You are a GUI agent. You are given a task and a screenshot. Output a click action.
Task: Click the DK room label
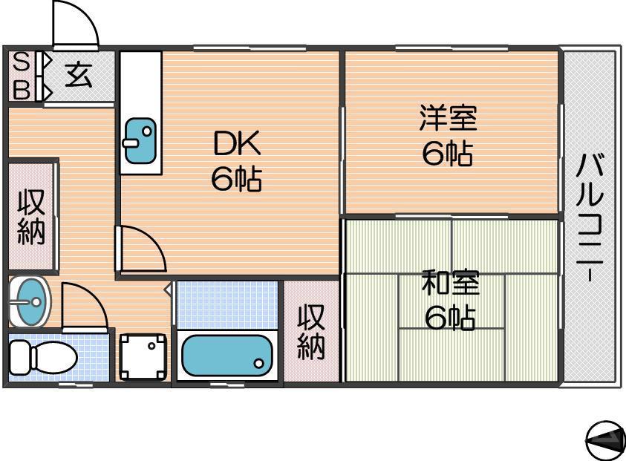click(236, 143)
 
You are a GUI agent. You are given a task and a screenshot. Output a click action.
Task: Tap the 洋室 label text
click(447, 118)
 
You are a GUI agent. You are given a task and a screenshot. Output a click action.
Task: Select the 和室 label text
click(450, 283)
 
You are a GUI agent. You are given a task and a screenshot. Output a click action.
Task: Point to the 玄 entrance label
click(78, 75)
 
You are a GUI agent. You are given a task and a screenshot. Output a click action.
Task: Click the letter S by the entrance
click(22, 61)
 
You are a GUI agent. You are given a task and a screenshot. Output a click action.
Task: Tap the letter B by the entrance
click(22, 90)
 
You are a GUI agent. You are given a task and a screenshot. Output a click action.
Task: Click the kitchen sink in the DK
click(140, 140)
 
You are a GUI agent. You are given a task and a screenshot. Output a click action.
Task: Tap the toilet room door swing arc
click(83, 304)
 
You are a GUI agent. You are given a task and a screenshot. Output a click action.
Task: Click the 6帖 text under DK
click(236, 180)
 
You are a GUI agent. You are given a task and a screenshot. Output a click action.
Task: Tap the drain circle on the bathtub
click(258, 363)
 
